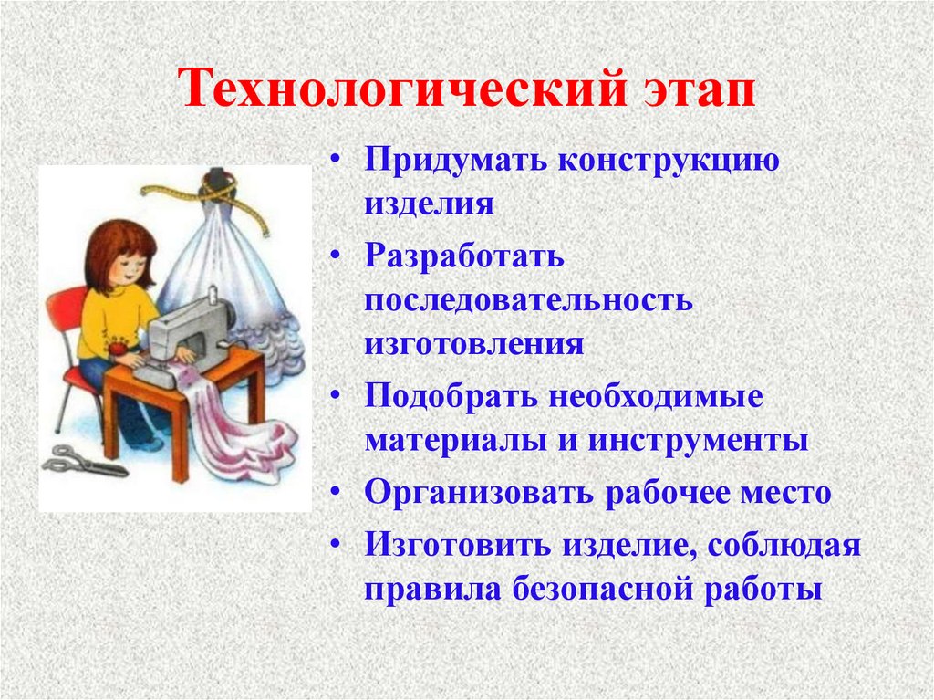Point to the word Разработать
(464, 257)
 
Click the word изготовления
(474, 344)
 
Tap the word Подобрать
(451, 396)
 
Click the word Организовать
(479, 493)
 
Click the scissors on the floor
(83, 462)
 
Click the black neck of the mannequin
(217, 178)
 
